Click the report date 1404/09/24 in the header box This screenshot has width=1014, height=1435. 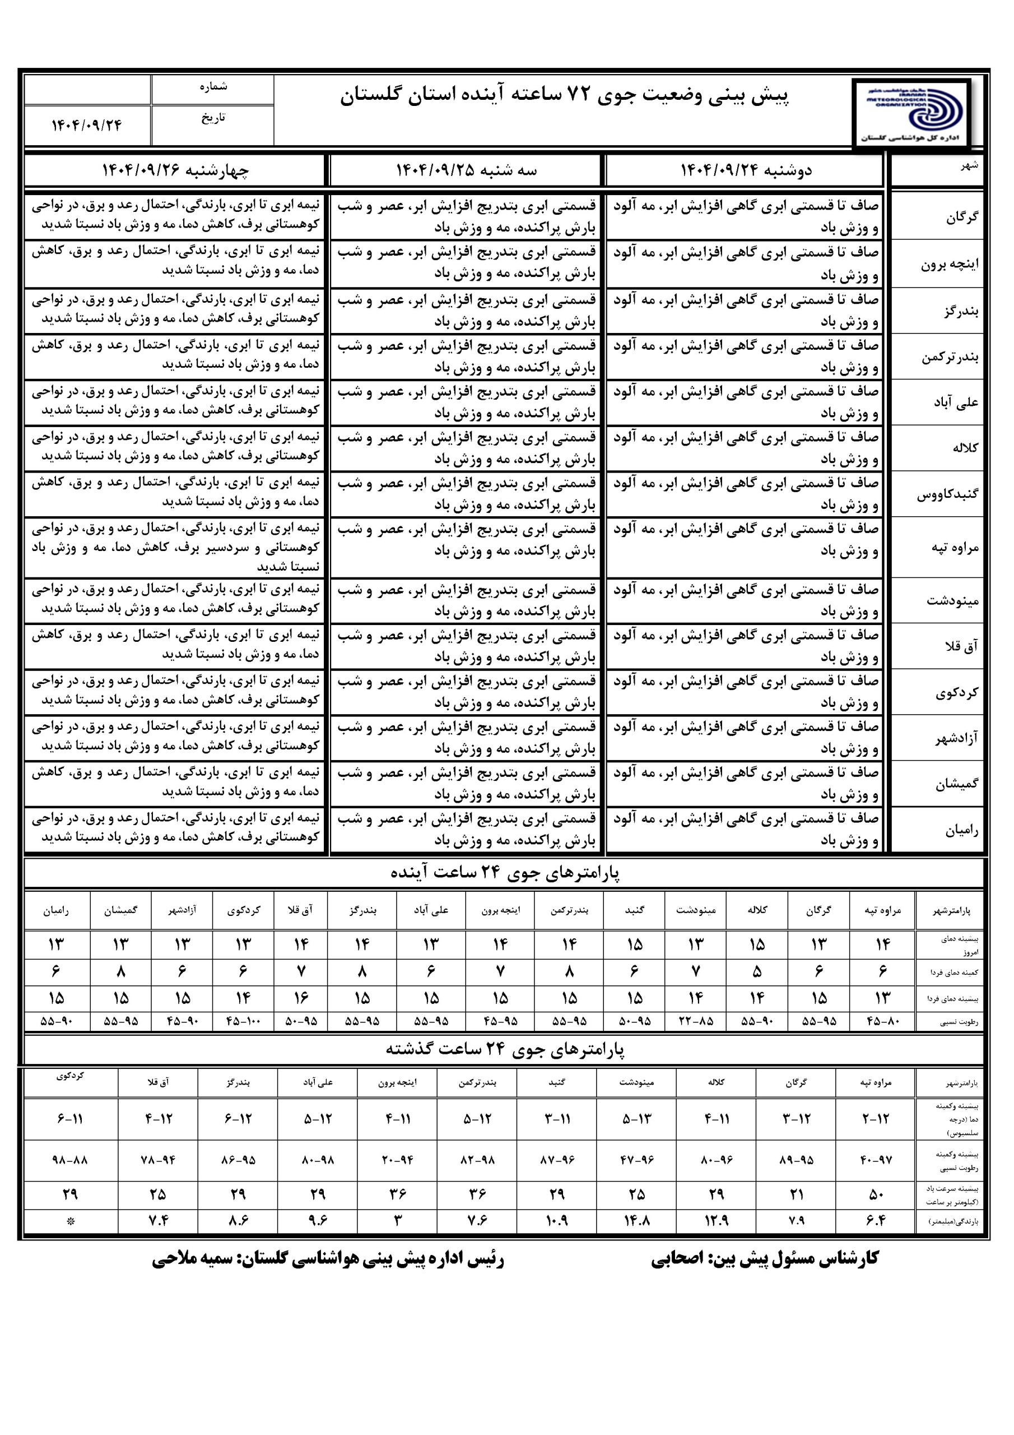click(87, 125)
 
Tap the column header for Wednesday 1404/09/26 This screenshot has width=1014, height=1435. click(175, 170)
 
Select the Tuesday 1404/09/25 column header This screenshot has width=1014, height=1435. click(466, 170)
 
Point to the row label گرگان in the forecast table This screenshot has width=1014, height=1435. click(961, 217)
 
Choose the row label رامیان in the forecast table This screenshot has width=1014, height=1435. click(961, 830)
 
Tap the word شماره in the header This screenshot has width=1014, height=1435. click(213, 87)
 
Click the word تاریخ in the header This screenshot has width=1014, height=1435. click(213, 118)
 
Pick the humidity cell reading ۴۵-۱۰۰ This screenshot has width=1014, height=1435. click(243, 1021)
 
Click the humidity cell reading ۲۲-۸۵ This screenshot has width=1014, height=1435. click(696, 1021)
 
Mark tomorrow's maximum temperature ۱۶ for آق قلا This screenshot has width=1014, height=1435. click(301, 998)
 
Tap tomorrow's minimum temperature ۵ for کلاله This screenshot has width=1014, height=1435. click(757, 972)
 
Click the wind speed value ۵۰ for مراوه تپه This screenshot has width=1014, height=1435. click(876, 1195)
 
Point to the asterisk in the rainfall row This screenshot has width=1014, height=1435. click(70, 1221)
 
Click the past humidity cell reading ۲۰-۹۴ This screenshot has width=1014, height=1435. click(397, 1160)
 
